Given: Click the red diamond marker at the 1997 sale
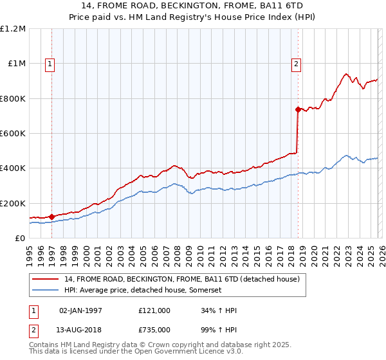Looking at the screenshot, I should [x=51, y=217].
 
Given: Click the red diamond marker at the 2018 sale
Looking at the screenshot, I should [x=298, y=110].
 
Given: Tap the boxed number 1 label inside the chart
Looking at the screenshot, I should [x=50, y=64].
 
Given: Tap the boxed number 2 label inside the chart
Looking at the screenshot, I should [x=296, y=64].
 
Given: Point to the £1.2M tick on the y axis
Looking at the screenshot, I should [x=13, y=29].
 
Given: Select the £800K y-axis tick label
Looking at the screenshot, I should [x=13, y=99].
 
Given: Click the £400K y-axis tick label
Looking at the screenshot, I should [x=13, y=168].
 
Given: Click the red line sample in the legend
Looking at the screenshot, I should [x=45, y=280].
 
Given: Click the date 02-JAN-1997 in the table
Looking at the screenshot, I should [x=80, y=310].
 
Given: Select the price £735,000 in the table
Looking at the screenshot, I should [x=154, y=330].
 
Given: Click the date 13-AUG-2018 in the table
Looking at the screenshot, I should [x=80, y=330].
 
